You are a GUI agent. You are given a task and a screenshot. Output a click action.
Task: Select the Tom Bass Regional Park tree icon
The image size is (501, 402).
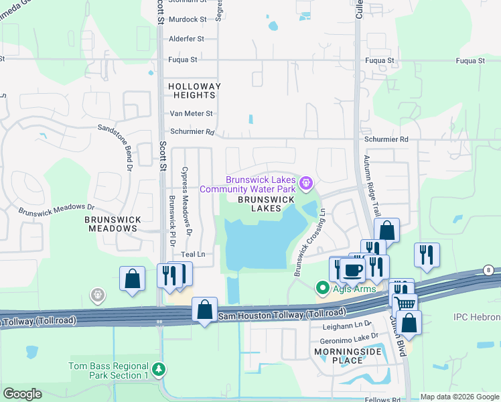158,369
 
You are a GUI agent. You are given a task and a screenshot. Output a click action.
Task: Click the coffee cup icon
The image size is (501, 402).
352,271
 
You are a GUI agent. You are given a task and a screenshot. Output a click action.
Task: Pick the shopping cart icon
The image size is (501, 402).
405,304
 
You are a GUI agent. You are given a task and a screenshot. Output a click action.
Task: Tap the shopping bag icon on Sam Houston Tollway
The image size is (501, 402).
205,310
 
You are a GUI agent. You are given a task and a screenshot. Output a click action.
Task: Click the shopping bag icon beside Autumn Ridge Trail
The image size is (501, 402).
386,230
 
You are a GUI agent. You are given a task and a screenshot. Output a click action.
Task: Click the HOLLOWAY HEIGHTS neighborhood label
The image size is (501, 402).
194,91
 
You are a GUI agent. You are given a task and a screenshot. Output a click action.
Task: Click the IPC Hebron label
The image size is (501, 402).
476,316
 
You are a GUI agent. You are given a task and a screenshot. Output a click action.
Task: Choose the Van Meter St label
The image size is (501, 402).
191,114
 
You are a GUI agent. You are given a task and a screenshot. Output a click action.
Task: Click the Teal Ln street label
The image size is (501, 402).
192,255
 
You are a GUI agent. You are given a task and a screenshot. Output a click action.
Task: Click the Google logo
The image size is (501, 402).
22,394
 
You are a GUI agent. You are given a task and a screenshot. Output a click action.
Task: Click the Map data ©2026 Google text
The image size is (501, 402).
459,397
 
